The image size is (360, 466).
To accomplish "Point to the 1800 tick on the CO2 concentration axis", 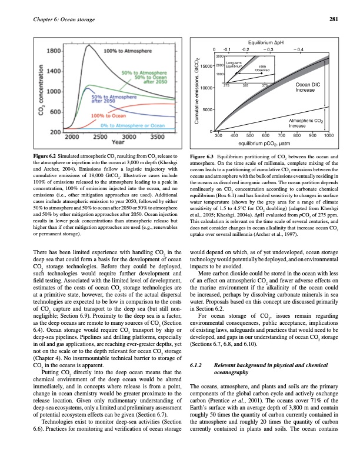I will tap(54, 52).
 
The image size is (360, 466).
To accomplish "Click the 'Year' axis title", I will tap(118, 142).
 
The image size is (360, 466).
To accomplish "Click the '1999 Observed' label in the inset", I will tap(262, 68).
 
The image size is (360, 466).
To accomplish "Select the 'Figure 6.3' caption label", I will tap(204, 156).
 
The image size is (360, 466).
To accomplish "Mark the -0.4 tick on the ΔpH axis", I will tap(299, 50).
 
